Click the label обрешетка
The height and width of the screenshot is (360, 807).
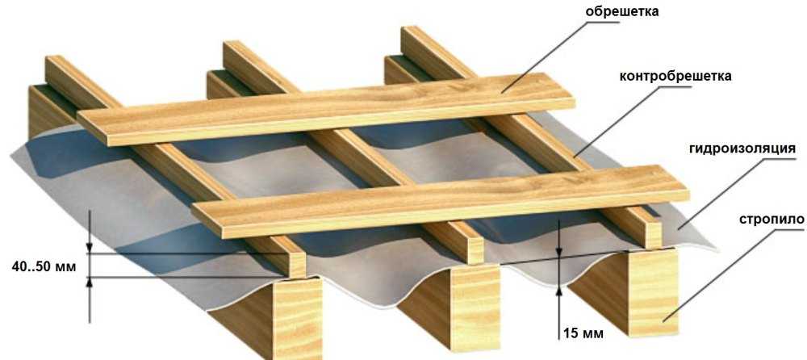(621, 11)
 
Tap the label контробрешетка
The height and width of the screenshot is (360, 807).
(675, 77)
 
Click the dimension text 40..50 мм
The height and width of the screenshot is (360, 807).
(44, 267)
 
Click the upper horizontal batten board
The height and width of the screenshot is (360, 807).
(326, 109)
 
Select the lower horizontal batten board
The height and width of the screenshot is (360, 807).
(441, 201)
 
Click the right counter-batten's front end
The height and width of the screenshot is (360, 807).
(653, 234)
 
